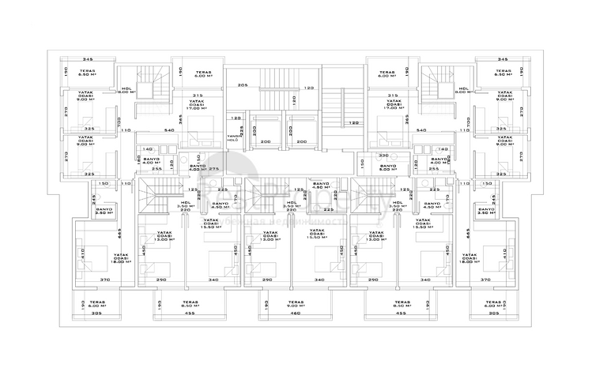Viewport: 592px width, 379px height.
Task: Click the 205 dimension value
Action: click(242, 84)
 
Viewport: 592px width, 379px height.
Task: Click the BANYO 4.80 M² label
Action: click(320, 186)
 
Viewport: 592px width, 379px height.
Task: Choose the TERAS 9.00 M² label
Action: click(295, 305)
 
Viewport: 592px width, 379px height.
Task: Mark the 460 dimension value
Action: click(295, 314)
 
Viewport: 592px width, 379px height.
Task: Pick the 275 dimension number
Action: click(213, 168)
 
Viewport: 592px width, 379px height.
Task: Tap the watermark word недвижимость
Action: click(312, 222)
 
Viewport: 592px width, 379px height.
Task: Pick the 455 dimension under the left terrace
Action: click(189, 314)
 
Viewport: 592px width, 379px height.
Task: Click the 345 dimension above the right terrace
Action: click(503, 60)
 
